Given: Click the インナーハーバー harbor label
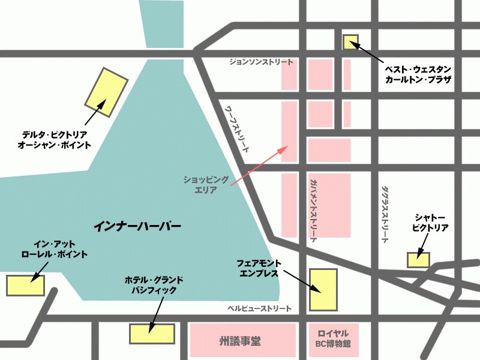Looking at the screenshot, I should tap(137, 227).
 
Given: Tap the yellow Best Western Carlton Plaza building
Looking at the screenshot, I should tap(350, 42).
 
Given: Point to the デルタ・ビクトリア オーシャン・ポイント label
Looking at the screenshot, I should tap(55, 140).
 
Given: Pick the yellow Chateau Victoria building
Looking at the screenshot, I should tap(418, 260).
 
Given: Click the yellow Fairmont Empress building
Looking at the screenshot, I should tap(323, 290).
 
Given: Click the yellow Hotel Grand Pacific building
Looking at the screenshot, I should tap(152, 334).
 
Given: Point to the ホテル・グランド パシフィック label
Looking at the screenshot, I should tap(154, 285).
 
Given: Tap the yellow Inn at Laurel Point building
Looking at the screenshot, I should tap(26, 285).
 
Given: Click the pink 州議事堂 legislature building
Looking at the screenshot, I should tap(242, 341).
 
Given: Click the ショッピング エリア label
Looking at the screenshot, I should tap(206, 184).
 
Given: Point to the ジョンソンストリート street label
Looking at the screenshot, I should tap(262, 62).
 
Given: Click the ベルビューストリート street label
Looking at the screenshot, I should tap(259, 308).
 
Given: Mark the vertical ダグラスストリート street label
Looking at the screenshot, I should tap(385, 213).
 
